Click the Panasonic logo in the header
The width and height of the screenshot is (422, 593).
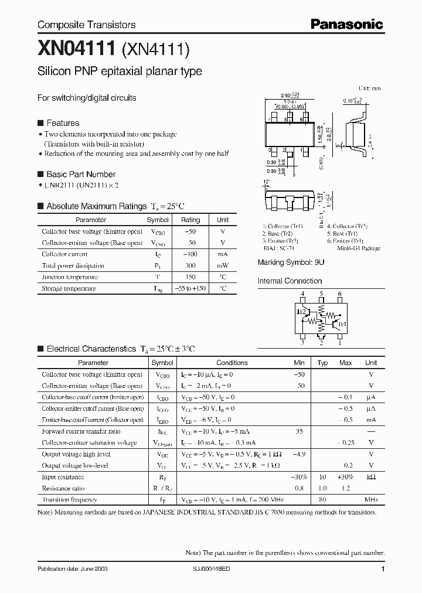click(x=346, y=24)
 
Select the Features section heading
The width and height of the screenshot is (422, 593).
click(x=62, y=123)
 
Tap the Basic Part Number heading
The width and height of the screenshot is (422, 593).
click(x=80, y=174)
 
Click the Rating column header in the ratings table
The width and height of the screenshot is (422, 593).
click(x=190, y=220)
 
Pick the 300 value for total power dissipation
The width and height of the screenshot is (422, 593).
click(x=190, y=265)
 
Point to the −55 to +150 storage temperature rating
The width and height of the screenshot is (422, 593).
click(x=190, y=288)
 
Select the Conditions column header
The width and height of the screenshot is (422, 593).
click(x=232, y=363)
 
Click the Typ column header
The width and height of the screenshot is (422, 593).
click(x=322, y=363)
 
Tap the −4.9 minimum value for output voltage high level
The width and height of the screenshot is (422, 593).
click(x=299, y=454)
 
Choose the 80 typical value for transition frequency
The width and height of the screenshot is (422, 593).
click(x=322, y=500)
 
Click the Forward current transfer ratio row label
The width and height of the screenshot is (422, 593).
click(x=81, y=431)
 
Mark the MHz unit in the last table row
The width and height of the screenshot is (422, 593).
click(x=370, y=500)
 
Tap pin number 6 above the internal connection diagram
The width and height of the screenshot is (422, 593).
click(x=340, y=294)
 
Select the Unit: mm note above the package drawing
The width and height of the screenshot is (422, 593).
click(x=369, y=88)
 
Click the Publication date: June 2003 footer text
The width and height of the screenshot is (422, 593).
click(x=72, y=569)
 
